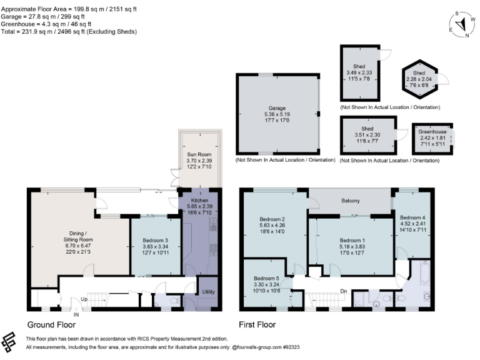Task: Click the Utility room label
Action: click(x=208, y=292)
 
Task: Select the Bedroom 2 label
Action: click(x=272, y=219)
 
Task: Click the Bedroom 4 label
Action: click(x=412, y=218)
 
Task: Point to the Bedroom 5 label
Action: click(x=266, y=278)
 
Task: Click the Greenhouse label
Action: click(x=432, y=132)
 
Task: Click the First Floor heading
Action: click(x=257, y=324)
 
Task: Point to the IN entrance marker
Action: click(x=76, y=314)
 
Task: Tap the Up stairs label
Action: click(x=84, y=299)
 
